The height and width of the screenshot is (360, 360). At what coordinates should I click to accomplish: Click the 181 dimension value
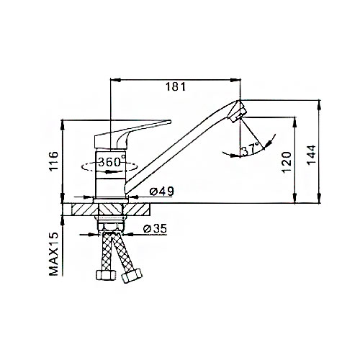tap(176, 87)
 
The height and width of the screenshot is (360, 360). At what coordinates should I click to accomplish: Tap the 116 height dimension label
tap(53, 161)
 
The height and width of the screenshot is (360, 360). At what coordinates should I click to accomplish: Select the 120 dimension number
tap(287, 162)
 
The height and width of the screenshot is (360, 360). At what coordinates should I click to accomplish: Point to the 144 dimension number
tap(312, 155)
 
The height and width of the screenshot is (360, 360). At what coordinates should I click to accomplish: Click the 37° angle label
tap(251, 150)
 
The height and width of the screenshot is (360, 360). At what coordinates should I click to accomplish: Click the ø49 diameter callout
tap(161, 192)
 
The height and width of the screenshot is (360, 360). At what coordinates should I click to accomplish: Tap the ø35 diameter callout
tap(155, 229)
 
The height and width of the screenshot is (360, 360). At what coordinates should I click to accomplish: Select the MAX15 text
tap(54, 254)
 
